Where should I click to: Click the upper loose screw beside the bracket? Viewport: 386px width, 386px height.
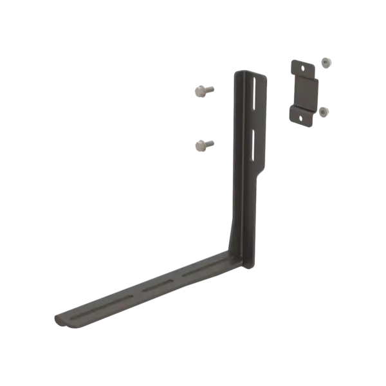point(203,91)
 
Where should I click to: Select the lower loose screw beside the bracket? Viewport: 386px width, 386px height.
point(203,145)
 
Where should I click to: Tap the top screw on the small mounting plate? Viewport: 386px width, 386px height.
point(327,63)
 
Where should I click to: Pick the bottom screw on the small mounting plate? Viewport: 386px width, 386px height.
point(324,111)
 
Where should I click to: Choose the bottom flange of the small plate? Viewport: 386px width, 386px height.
point(301,116)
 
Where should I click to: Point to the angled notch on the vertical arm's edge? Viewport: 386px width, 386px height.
point(261,174)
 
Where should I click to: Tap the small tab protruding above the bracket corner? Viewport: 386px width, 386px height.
point(228,232)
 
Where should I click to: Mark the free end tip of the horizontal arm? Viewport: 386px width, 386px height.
point(57,318)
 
